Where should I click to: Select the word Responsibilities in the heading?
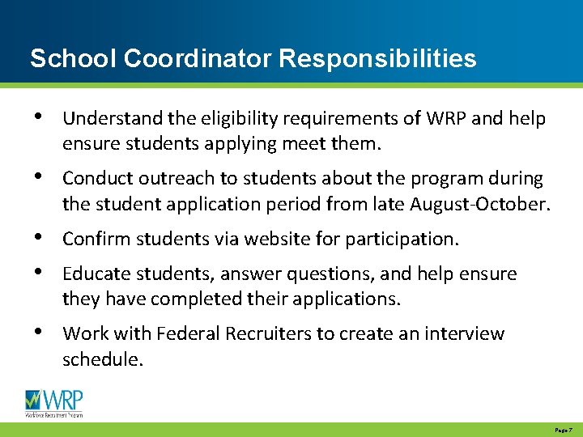point(378,59)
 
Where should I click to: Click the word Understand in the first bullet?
point(107,119)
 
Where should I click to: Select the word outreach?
point(170,178)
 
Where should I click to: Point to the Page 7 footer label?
point(564,431)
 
